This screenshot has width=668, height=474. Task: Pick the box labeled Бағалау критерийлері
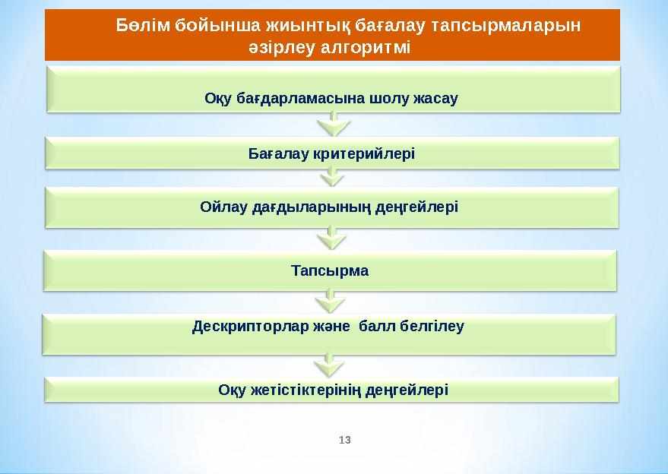coord(332,153)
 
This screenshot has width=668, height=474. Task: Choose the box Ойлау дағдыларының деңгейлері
coord(332,207)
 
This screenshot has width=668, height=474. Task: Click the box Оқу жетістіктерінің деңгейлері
coord(332,389)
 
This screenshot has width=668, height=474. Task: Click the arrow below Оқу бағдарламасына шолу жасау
coord(331,123)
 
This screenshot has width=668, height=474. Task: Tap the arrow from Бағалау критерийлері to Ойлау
coord(331,177)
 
